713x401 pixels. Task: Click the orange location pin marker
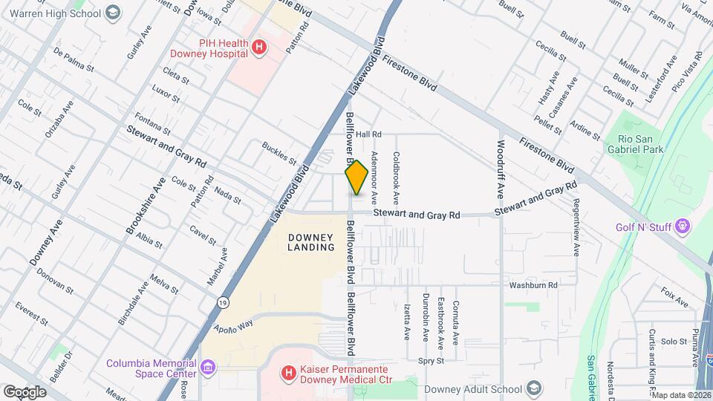coord(356,177)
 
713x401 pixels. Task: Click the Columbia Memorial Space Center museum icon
coord(209,366)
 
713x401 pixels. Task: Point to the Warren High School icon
coord(112,13)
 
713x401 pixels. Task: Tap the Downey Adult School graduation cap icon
coord(533,388)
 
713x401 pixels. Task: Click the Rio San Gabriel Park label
coord(631,143)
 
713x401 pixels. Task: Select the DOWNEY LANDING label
coord(310,241)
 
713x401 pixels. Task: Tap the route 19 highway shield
coord(223,303)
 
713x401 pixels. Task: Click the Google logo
coord(25,391)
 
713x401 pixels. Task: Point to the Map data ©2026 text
coord(681,395)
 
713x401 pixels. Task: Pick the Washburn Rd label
coord(533,285)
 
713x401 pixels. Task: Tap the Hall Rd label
coord(368,134)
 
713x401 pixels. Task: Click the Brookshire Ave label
coord(147,207)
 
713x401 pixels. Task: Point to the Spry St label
coord(430,361)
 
